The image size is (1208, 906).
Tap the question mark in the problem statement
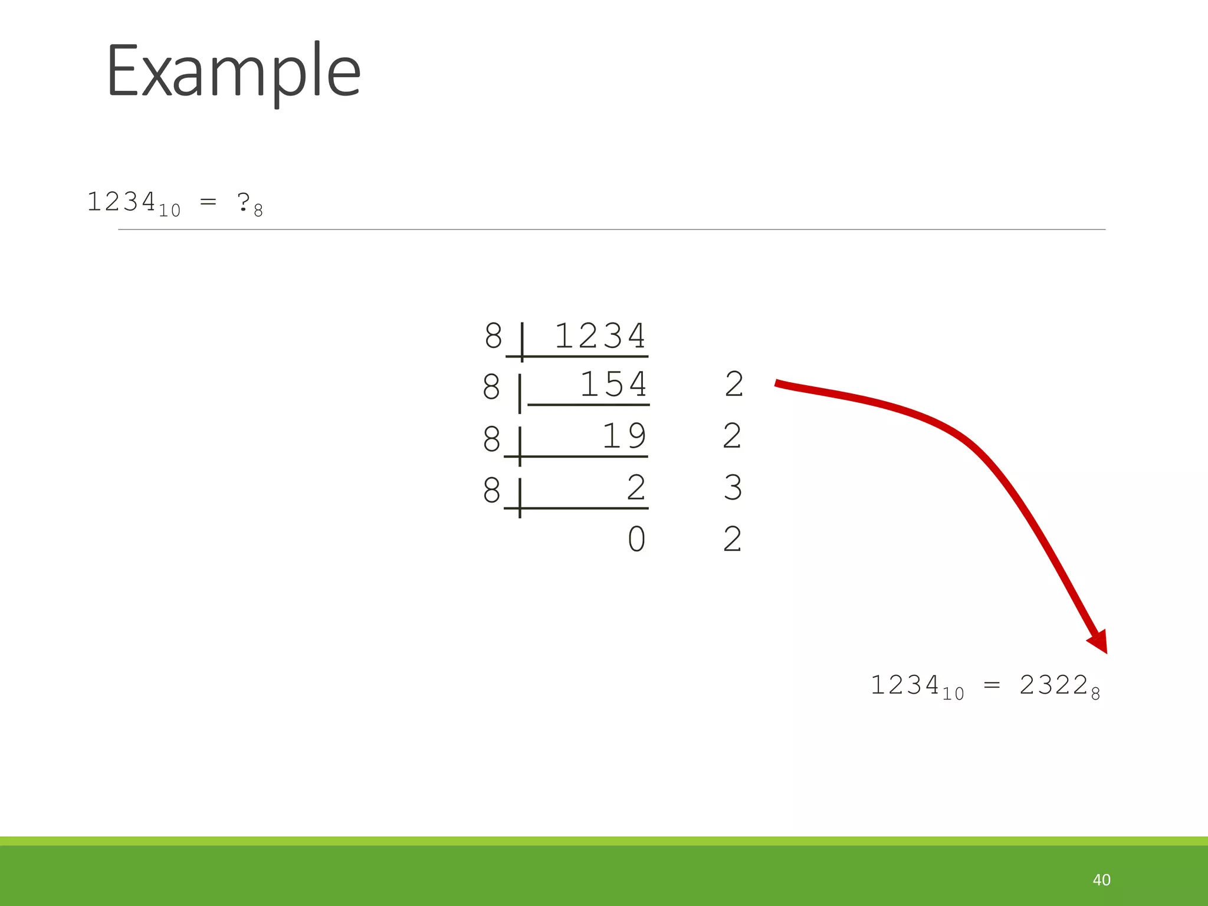[x=243, y=202]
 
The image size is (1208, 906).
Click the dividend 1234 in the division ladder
[x=600, y=336]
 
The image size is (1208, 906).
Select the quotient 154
[x=613, y=385]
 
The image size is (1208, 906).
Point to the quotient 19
[x=623, y=436]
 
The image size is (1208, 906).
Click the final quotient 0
[x=636, y=539]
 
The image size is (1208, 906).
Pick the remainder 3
[x=733, y=488]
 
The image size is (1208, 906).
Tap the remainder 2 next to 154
[x=734, y=385]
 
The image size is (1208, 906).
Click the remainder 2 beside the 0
[x=732, y=539]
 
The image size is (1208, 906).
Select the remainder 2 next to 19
[x=732, y=436]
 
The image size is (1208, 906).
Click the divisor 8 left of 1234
[x=493, y=336]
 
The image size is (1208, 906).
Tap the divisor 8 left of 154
[x=491, y=388]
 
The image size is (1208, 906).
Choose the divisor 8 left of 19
[x=491, y=439]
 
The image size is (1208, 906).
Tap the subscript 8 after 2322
[x=1095, y=694]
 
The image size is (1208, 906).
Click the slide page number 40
[x=1101, y=879]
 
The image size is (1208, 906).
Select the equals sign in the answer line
[x=992, y=685]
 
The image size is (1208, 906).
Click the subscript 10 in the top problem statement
[x=169, y=211]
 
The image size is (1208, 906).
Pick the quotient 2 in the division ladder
[x=636, y=488]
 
